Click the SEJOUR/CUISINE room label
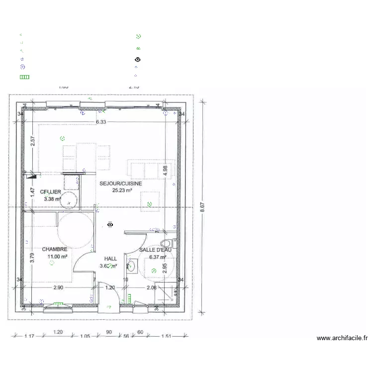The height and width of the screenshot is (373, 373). (x=121, y=184)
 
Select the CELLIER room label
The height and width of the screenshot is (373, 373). (x=51, y=192)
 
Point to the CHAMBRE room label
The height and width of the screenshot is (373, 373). (x=54, y=249)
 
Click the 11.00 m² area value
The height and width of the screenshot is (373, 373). (x=57, y=257)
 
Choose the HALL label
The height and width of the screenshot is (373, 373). (x=110, y=259)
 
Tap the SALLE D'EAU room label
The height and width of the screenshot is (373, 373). (x=155, y=250)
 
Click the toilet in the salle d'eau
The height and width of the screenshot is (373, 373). (x=166, y=243)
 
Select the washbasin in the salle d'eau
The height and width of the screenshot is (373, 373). (x=131, y=266)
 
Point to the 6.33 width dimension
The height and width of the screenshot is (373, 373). (x=101, y=122)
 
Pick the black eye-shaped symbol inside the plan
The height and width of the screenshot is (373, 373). (x=110, y=225)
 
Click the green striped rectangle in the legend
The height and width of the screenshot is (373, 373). (x=24, y=77)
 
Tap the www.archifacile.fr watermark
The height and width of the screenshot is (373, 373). (x=342, y=338)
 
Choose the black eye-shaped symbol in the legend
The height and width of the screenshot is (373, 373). (x=137, y=59)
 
